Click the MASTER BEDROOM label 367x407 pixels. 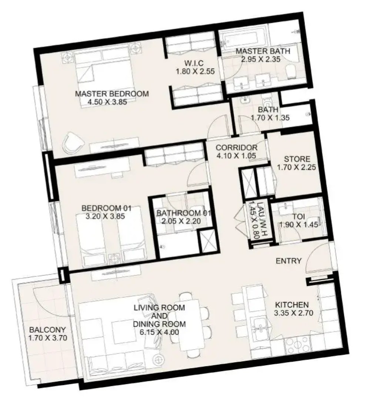click(112, 94)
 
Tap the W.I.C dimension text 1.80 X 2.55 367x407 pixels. click(195, 71)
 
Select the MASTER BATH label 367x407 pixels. click(263, 51)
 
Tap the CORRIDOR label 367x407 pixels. click(236, 147)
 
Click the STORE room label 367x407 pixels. click(297, 159)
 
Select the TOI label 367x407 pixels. click(299, 216)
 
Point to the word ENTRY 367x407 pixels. click(288, 260)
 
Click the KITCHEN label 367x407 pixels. click(292, 305)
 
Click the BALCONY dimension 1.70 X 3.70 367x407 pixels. click(48, 338)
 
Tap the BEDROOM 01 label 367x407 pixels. click(107, 208)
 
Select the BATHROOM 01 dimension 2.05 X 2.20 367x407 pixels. click(181, 221)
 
